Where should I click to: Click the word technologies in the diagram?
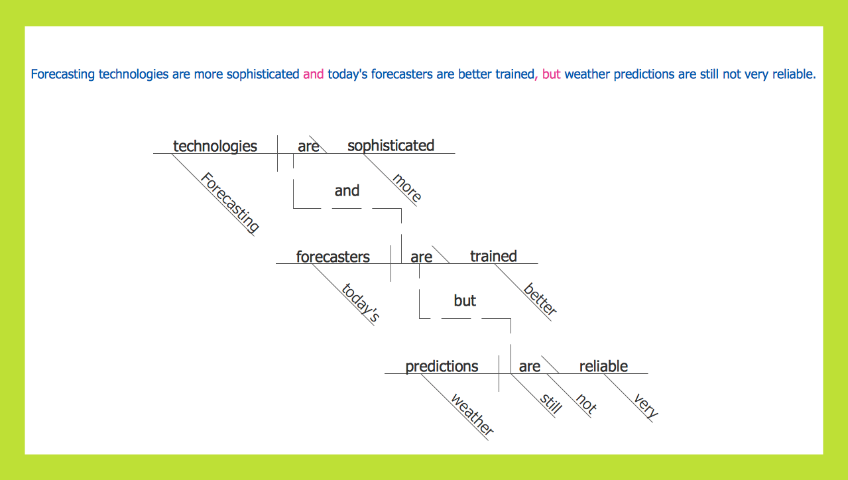[215, 146]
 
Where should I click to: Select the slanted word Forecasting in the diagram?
[230, 203]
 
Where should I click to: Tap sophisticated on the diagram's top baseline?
[391, 146]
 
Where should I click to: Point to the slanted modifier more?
[406, 188]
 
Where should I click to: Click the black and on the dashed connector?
[347, 191]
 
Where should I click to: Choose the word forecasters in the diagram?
[333, 257]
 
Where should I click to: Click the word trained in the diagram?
[493, 256]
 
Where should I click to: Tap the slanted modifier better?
[540, 299]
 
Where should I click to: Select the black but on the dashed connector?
[465, 301]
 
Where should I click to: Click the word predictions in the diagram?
[442, 367]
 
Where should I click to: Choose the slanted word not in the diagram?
[586, 404]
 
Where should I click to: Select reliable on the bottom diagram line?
[603, 367]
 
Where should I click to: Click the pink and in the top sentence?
[313, 74]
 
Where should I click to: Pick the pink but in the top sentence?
[551, 74]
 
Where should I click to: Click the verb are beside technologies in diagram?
[308, 147]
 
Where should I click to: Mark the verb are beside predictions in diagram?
[529, 367]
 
